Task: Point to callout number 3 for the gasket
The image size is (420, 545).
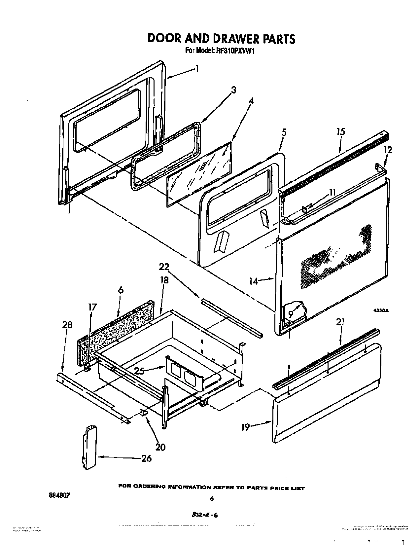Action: click(x=233, y=90)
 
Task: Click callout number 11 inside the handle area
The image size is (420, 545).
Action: click(x=332, y=192)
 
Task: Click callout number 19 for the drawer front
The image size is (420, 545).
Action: click(x=245, y=428)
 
